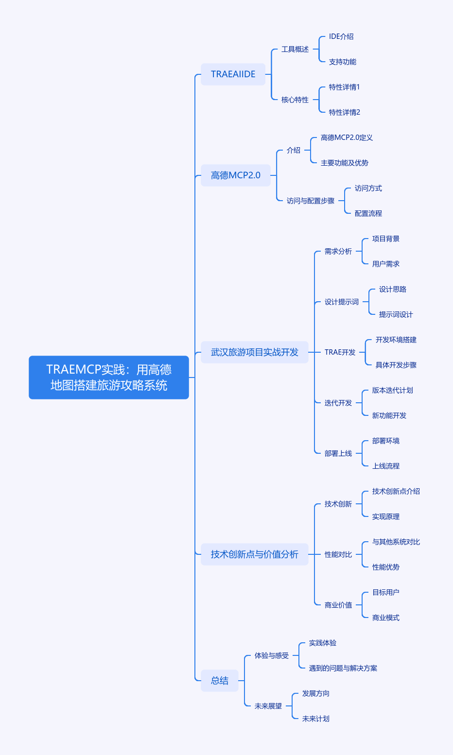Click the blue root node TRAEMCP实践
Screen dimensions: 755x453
pyautogui.click(x=109, y=377)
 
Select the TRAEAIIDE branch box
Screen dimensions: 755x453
pyautogui.click(x=233, y=74)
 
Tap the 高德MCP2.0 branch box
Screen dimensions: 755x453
pyautogui.click(x=236, y=175)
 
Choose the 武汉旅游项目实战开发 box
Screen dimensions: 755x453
pyautogui.click(x=255, y=352)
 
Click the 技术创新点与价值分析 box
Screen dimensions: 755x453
pyautogui.click(x=255, y=554)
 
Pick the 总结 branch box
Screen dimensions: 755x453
pyautogui.click(x=220, y=681)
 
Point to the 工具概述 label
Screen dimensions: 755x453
pyautogui.click(x=295, y=49)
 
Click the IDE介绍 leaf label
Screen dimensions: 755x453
pyautogui.click(x=341, y=36)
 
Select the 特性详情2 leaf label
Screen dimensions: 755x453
pyautogui.click(x=345, y=112)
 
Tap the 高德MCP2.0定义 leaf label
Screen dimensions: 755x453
pyautogui.click(x=347, y=137)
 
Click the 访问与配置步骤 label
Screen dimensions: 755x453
pyautogui.click(x=311, y=201)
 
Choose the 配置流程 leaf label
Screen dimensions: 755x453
pyautogui.click(x=368, y=213)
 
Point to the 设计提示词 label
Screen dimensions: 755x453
pyautogui.click(x=342, y=302)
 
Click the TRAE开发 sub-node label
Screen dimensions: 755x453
pyautogui.click(x=340, y=352)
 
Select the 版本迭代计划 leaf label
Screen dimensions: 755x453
pyautogui.click(x=393, y=390)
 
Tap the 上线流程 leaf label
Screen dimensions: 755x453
pyautogui.click(x=386, y=466)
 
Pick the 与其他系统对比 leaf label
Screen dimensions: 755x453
pyautogui.click(x=396, y=542)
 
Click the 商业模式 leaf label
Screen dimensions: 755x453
pyautogui.click(x=386, y=618)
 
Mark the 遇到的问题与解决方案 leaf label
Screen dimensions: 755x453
pyautogui.click(x=343, y=668)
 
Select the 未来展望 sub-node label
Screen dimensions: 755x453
pyautogui.click(x=268, y=706)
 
